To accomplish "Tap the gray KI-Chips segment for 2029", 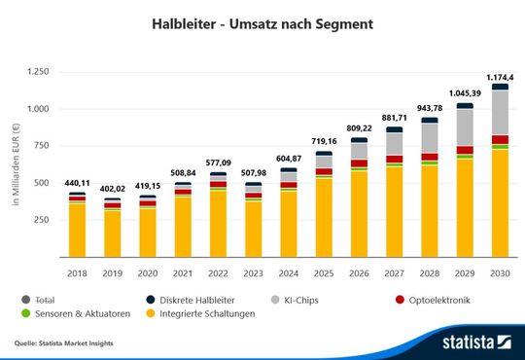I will click(465, 126).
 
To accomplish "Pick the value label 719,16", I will click(324, 142).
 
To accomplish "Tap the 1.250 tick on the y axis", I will click(38, 71).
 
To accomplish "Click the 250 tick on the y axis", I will click(42, 219).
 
